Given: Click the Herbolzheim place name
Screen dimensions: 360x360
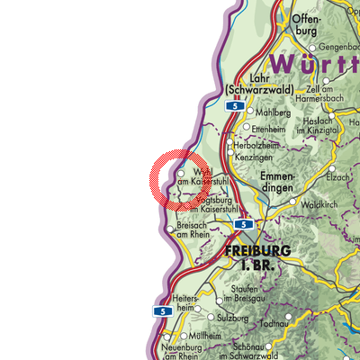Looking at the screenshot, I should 257,145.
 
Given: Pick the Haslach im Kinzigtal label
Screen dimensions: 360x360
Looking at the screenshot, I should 333,128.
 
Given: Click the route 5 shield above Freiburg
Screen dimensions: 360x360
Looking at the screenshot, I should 244,223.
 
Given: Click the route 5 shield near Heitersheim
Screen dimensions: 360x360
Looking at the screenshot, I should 163,311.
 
